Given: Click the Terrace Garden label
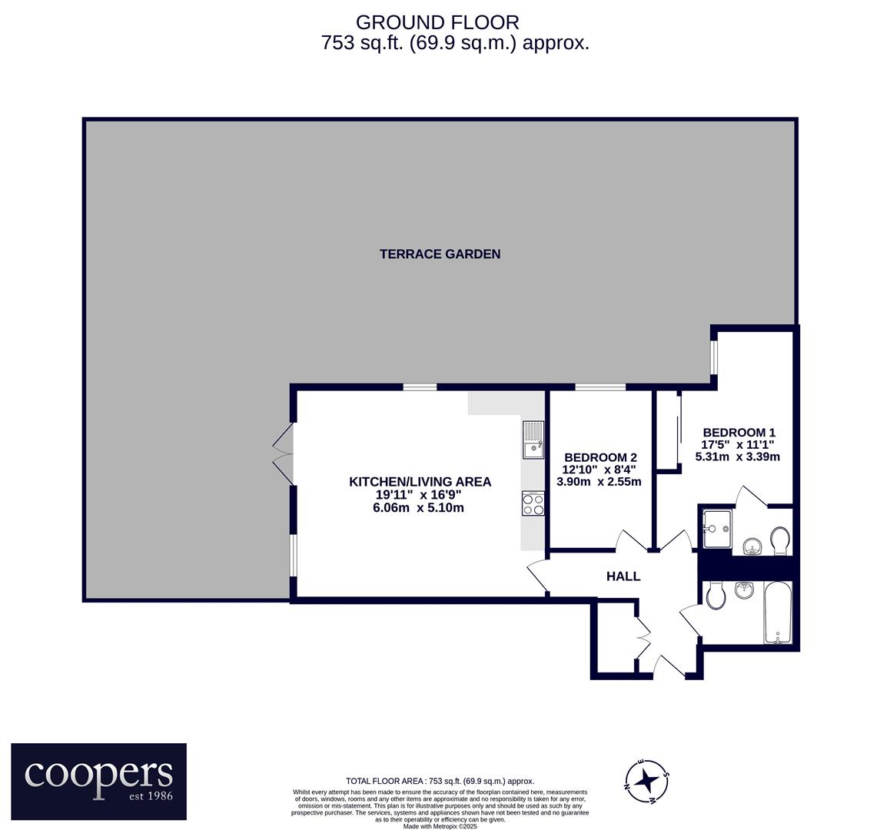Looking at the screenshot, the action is pyautogui.click(x=440, y=254).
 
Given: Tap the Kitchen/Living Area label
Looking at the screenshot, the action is pyautogui.click(x=420, y=482).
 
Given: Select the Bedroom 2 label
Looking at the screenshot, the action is pyautogui.click(x=600, y=457).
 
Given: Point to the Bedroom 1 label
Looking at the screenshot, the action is pyautogui.click(x=739, y=432).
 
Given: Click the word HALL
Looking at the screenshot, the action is pyautogui.click(x=623, y=576).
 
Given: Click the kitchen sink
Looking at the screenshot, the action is pyautogui.click(x=533, y=440).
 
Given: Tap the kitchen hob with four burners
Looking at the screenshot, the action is pyautogui.click(x=533, y=503).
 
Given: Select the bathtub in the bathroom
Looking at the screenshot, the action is pyautogui.click(x=777, y=613).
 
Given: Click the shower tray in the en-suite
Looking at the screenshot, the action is pyautogui.click(x=717, y=530).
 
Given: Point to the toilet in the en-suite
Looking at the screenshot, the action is pyautogui.click(x=780, y=540).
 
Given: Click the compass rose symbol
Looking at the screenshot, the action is pyautogui.click(x=648, y=780).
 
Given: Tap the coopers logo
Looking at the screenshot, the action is pyautogui.click(x=99, y=781).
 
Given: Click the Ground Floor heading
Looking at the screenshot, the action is pyautogui.click(x=437, y=22).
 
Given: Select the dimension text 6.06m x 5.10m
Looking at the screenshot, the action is pyautogui.click(x=419, y=508).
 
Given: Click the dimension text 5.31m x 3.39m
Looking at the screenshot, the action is pyautogui.click(x=738, y=456).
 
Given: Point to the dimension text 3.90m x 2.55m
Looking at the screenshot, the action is pyautogui.click(x=599, y=482).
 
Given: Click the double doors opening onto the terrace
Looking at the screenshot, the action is pyautogui.click(x=284, y=453).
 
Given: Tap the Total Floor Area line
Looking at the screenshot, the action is pyautogui.click(x=440, y=781).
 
